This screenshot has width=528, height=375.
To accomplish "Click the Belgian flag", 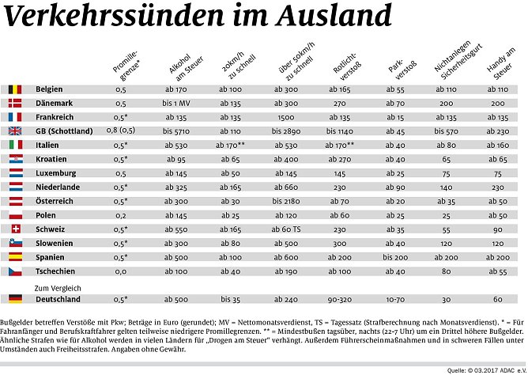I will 16,89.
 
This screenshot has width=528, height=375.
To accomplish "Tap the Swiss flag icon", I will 16,229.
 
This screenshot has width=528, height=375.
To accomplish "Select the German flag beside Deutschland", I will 16,299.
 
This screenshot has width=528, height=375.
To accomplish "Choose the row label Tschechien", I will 57,271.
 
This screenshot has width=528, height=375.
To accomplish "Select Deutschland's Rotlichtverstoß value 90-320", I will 341,300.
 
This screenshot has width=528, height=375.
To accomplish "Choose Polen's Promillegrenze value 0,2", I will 120,215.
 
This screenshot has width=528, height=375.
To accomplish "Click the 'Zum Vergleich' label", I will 58,288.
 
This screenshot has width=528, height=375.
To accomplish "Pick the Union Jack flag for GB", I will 16,131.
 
